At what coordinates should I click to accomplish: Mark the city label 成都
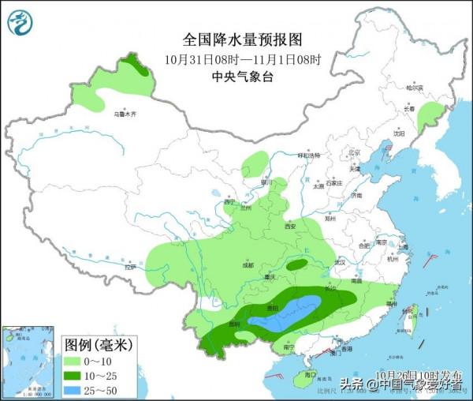tap(248, 265)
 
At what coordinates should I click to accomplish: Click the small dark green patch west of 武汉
tap(296, 265)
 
